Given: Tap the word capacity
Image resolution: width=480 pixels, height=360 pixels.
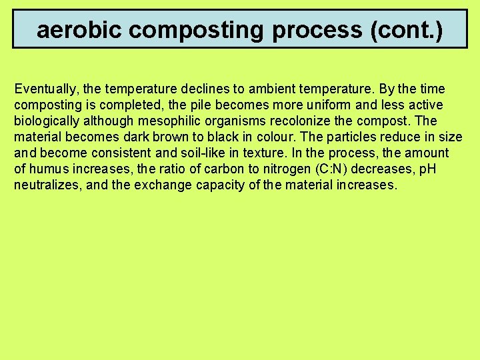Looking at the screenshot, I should [221, 185].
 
